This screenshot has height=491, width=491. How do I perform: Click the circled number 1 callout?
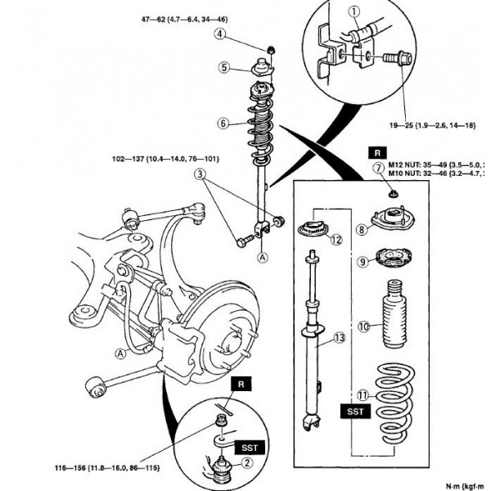[x=354, y=11]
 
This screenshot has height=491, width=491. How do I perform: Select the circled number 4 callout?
[x=221, y=34]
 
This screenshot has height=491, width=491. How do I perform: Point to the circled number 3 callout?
[x=199, y=173]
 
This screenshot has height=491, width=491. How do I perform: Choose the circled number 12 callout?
[x=335, y=239]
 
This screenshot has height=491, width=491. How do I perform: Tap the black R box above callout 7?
[x=377, y=152]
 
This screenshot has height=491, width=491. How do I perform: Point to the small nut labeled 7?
[x=393, y=194]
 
